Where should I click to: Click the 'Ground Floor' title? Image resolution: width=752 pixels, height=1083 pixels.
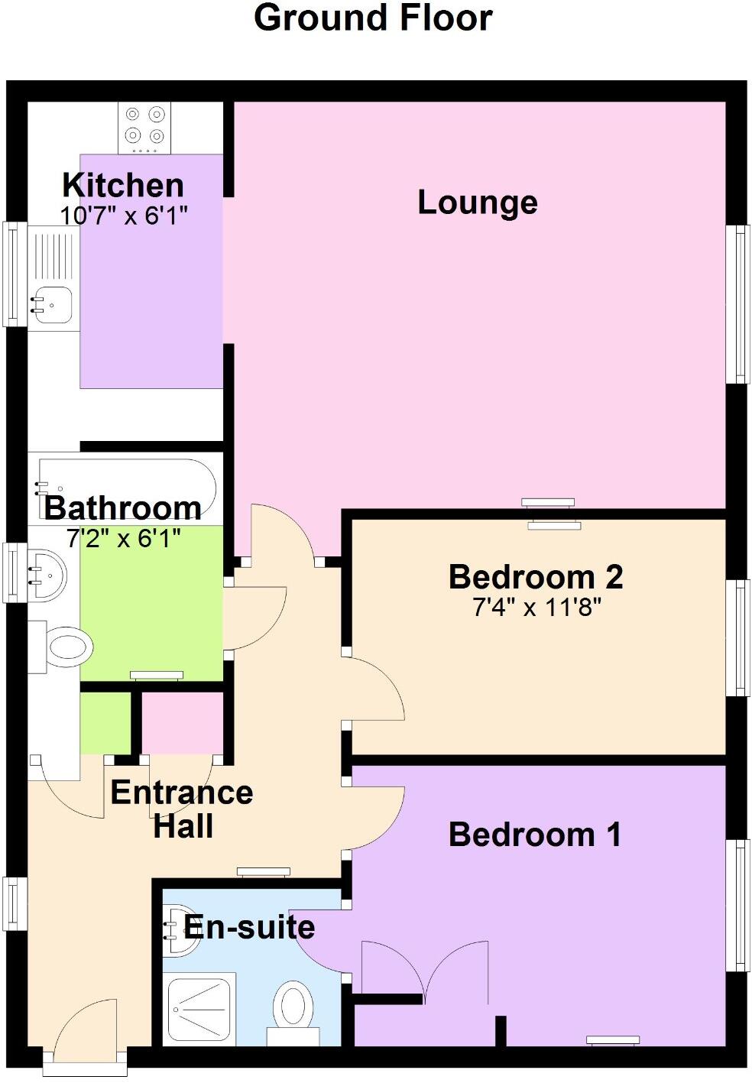pyautogui.click(x=373, y=18)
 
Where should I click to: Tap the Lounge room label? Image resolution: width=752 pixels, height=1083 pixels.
pyautogui.click(x=478, y=203)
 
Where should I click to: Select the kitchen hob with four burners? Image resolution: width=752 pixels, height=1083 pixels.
pyautogui.click(x=144, y=126)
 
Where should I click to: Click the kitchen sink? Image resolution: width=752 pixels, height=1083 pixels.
pyautogui.click(x=51, y=304)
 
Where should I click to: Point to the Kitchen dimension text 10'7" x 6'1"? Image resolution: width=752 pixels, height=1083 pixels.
pyautogui.click(x=124, y=216)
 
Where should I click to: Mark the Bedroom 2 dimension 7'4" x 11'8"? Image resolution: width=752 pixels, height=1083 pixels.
pyautogui.click(x=537, y=608)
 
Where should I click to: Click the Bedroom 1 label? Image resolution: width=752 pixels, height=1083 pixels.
pyautogui.click(x=534, y=835)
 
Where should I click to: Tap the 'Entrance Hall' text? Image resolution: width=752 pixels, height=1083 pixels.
pyautogui.click(x=182, y=809)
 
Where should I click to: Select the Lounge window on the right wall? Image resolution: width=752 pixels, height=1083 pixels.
pyautogui.click(x=737, y=304)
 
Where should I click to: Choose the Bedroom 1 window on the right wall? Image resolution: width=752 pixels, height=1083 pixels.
pyautogui.click(x=737, y=905)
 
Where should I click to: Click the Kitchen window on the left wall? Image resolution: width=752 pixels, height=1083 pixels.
pyautogui.click(x=15, y=274)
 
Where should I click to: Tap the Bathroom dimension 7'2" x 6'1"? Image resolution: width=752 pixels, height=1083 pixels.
pyautogui.click(x=124, y=540)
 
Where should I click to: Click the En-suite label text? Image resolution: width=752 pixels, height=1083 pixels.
pyautogui.click(x=250, y=927)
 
